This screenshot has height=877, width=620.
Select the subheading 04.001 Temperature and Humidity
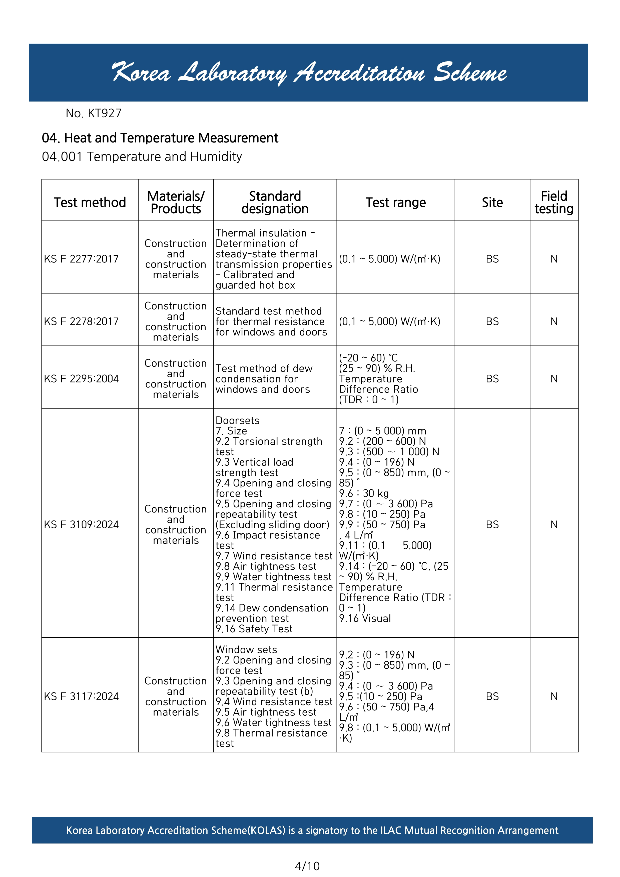pos(142,156)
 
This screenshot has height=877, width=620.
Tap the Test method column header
pos(90,202)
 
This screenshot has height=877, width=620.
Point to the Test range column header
pos(395,202)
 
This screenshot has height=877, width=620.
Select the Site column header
pos(492,202)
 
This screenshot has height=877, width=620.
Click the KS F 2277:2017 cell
pos(81,259)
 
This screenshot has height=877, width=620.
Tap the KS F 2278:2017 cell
pos(81,321)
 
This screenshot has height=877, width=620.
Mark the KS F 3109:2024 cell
pos(81,525)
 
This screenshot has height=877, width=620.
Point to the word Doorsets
pos(237,420)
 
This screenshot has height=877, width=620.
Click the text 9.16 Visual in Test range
pos(365,618)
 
